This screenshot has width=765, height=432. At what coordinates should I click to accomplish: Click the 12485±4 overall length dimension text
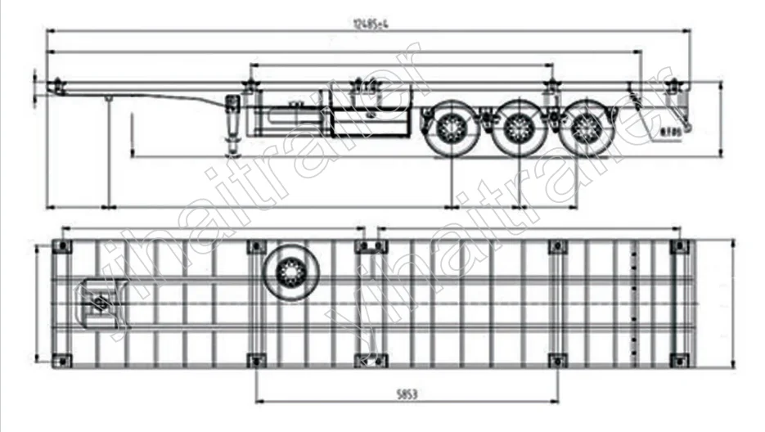click(369, 23)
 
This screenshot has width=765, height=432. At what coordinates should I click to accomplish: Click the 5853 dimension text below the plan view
click(407, 394)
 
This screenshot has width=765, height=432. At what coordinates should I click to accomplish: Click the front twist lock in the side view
click(57, 86)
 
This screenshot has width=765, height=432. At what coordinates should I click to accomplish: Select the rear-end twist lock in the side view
click(674, 86)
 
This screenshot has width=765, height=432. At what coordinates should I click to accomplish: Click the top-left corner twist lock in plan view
click(61, 245)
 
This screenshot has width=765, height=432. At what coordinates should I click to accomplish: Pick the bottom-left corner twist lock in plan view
click(61, 360)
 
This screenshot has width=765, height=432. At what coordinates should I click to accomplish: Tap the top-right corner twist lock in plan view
click(678, 245)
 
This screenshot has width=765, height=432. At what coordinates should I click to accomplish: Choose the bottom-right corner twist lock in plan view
click(678, 360)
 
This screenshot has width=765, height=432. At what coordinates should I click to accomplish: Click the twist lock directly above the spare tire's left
click(256, 246)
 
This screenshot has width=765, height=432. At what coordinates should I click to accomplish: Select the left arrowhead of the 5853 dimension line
click(259, 401)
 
